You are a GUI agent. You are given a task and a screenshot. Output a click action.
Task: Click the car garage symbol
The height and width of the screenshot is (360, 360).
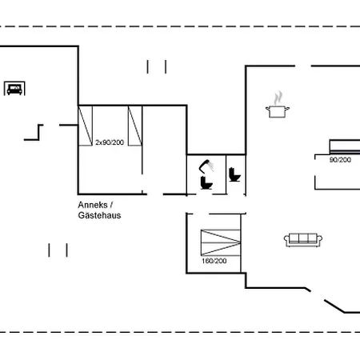[14, 88]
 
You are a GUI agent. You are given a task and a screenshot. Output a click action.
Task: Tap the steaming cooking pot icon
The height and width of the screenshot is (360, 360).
[278, 105]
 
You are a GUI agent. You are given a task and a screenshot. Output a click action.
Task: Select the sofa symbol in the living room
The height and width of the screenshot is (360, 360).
[303, 240]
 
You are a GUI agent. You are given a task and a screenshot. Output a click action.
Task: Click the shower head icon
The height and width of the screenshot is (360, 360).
[206, 166]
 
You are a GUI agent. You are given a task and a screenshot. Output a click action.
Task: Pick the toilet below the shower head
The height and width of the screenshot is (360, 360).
[206, 182]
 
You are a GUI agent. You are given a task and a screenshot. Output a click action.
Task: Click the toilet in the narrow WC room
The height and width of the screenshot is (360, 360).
[234, 174]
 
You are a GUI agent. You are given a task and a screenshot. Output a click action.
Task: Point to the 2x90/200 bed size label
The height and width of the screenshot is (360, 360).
[110, 142]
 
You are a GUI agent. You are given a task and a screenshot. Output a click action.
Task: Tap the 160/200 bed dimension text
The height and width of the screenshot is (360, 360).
[214, 261]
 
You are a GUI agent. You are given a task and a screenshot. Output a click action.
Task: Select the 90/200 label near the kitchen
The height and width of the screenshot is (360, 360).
[340, 160]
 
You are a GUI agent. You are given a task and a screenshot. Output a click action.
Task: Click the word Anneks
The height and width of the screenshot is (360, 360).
[93, 205]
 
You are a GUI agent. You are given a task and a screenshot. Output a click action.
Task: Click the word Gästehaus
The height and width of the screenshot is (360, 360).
[99, 215]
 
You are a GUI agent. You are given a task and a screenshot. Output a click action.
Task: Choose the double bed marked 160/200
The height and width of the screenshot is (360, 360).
[221, 242]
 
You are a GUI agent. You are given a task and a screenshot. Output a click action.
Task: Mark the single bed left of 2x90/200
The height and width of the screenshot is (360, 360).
[86, 126]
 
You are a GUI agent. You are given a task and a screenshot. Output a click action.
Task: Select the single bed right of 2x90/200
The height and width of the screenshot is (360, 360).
[135, 126]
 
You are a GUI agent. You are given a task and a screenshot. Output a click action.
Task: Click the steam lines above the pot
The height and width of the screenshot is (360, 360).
[278, 98]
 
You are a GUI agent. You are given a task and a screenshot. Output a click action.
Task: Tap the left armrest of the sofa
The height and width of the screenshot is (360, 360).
[286, 239]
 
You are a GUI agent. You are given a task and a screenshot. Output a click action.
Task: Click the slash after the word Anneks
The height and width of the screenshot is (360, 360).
[111, 205]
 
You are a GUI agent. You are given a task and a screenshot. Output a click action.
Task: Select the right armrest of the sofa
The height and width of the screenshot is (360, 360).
[319, 239]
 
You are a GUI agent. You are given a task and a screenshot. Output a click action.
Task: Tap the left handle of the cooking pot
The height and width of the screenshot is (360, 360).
[267, 109]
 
